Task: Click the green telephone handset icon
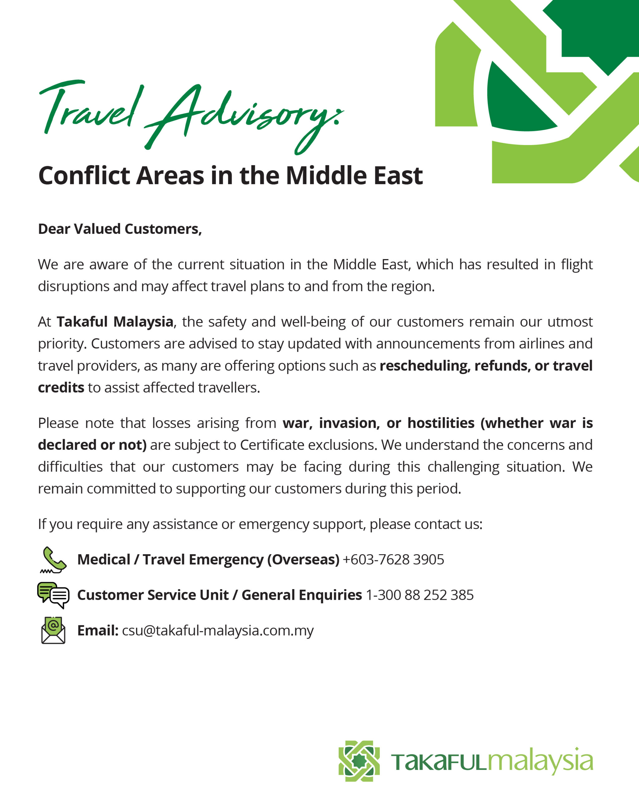coord(54,559)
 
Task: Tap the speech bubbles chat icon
coord(53,595)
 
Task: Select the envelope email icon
coord(53,630)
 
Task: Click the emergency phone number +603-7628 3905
coord(393,560)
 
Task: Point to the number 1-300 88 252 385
coord(419,595)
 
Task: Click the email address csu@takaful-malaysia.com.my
coord(217,630)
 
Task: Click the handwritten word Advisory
coord(241,115)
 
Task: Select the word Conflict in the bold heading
coord(84,175)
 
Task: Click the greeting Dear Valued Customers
coord(120,229)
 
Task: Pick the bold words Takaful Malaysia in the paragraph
coord(115,322)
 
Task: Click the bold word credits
coord(61,387)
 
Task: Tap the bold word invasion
coord(349,423)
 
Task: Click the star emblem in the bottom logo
coord(359,761)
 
